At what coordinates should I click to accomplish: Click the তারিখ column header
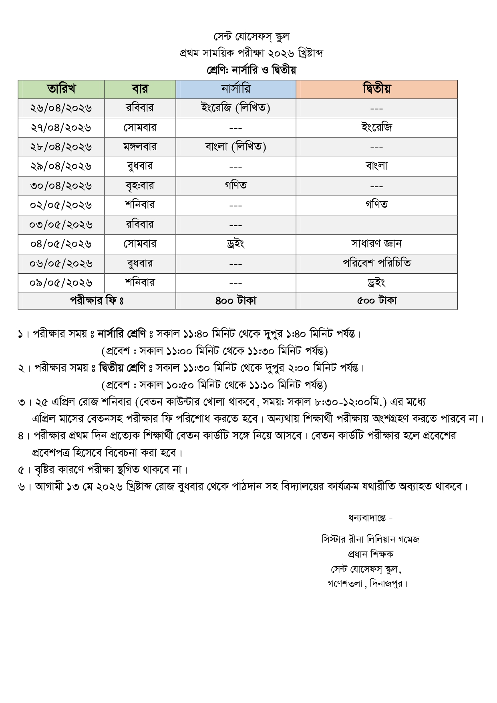coord(61,89)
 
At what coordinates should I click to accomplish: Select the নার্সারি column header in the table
coord(236,89)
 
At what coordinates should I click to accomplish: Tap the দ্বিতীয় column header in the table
coord(376,89)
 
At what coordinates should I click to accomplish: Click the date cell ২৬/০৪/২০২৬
coord(61,108)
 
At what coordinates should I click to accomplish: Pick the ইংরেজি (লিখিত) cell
coord(236,108)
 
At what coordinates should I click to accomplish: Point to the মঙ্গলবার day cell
coord(140,147)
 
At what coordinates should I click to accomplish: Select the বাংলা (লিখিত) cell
coord(236,147)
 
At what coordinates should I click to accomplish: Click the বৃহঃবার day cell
coord(140,186)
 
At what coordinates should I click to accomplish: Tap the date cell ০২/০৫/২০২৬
coord(61,205)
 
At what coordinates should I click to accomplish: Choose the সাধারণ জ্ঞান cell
coord(376,243)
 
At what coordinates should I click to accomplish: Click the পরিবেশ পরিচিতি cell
coord(376,263)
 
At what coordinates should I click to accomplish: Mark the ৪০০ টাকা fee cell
coord(236,301)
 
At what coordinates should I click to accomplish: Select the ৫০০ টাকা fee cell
coord(376,301)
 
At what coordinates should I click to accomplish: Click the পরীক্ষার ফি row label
coord(97,301)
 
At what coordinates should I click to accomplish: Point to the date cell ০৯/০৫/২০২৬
coord(61,283)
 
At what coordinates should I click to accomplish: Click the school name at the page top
coord(251,36)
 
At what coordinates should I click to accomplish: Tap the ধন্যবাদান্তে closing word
coord(370,518)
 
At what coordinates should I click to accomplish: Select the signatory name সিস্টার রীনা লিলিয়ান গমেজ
coord(370,539)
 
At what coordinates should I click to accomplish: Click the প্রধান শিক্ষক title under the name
coord(370,554)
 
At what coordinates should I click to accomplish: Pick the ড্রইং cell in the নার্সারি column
coord(236,244)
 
